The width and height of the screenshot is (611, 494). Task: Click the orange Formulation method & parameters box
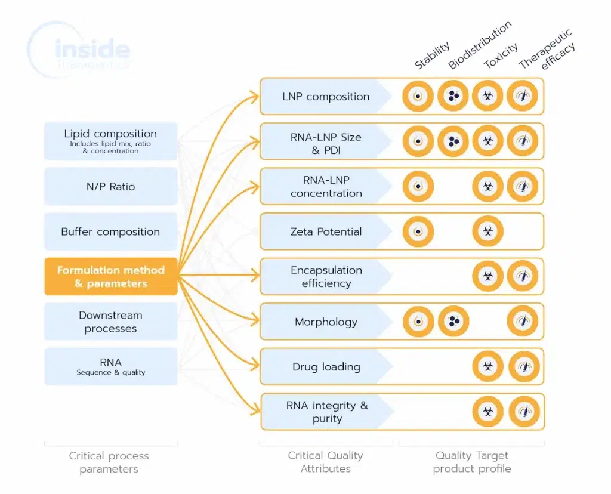pyautogui.click(x=110, y=276)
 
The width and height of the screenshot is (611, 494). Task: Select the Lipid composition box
pyautogui.click(x=110, y=141)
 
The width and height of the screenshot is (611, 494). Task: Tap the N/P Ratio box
pyautogui.click(x=110, y=187)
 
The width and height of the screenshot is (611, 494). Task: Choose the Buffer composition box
pyautogui.click(x=110, y=231)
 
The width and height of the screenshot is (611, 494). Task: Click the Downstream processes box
pyautogui.click(x=110, y=322)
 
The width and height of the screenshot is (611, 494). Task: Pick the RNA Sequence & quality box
pyautogui.click(x=110, y=366)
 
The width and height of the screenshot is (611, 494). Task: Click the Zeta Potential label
pyautogui.click(x=326, y=231)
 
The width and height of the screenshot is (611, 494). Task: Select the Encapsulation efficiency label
pyautogui.click(x=326, y=276)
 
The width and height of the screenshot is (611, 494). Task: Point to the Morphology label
pyautogui.click(x=326, y=322)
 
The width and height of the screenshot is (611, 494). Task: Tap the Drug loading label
pyautogui.click(x=326, y=366)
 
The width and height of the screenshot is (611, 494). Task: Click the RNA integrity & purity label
pyautogui.click(x=326, y=412)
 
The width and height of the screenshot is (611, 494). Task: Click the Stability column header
pyautogui.click(x=433, y=57)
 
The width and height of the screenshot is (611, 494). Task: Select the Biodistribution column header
pyautogui.click(x=480, y=46)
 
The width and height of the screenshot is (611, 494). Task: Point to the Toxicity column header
pyautogui.click(x=501, y=56)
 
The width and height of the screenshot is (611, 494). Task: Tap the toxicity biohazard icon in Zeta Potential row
pyautogui.click(x=487, y=231)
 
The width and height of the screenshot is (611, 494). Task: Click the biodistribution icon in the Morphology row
pyautogui.click(x=453, y=322)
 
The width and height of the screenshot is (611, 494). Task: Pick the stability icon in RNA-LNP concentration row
pyautogui.click(x=418, y=186)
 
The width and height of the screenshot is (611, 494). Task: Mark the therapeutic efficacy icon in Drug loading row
pyautogui.click(x=523, y=366)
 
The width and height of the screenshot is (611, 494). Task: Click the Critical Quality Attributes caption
pyautogui.click(x=325, y=462)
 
